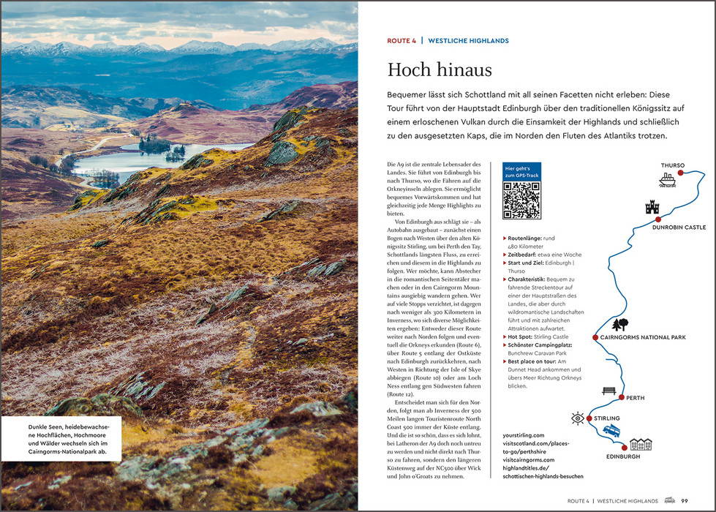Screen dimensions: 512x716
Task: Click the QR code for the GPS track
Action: [x=521, y=200]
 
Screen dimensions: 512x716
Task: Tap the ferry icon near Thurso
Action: [x=666, y=179]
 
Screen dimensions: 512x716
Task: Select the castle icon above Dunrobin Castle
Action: [x=652, y=207]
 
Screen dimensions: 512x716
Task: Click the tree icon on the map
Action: [x=620, y=324]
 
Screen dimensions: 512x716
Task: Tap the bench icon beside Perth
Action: [x=608, y=391]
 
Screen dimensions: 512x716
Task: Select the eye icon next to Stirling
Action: [x=578, y=418]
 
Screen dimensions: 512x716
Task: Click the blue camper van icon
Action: [x=611, y=430]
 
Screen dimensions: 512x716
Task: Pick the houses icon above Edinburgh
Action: [x=641, y=444]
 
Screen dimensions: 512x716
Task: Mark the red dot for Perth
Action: [x=621, y=397]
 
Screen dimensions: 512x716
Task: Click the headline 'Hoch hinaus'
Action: [x=440, y=70]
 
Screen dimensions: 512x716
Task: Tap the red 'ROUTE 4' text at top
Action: [x=402, y=41]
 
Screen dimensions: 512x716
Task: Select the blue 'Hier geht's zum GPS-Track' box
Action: [x=521, y=171]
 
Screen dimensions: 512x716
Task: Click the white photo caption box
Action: [x=60, y=437]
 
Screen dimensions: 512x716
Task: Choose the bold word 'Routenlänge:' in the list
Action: [x=527, y=238]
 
